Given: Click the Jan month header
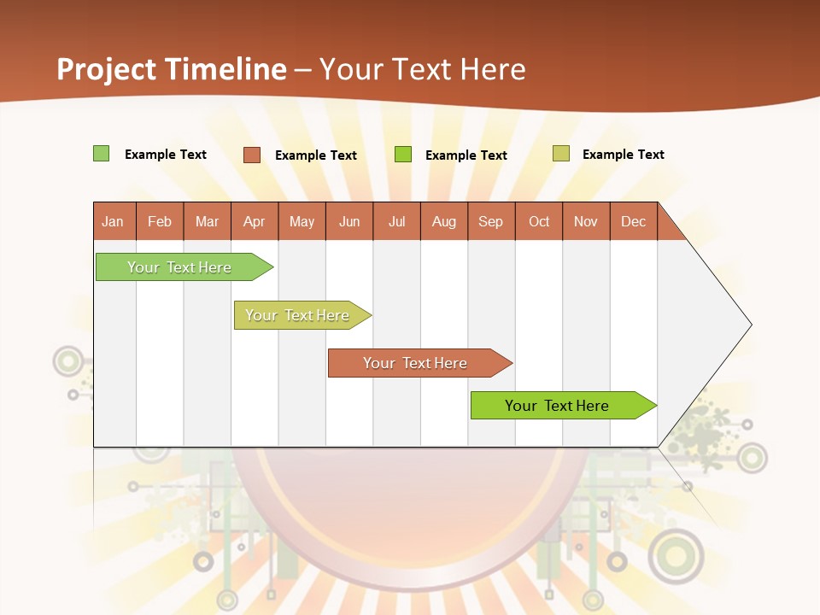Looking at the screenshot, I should (114, 221).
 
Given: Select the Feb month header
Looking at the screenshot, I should (160, 221).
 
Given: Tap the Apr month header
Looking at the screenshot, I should (255, 221).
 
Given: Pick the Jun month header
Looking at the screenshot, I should (349, 221).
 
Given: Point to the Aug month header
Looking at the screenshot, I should (444, 221).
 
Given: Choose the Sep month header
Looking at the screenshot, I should (491, 221).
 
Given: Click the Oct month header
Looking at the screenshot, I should (539, 221).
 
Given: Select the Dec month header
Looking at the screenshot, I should (634, 221).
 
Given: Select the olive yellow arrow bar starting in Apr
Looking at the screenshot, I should (299, 315).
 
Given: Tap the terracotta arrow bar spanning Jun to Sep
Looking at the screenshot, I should (417, 363).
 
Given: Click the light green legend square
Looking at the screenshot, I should (101, 154).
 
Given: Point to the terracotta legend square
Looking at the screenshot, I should (251, 155).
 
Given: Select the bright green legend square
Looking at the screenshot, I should (403, 155).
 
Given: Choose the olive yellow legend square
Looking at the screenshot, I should (560, 154).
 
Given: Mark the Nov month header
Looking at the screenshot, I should (586, 221).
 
